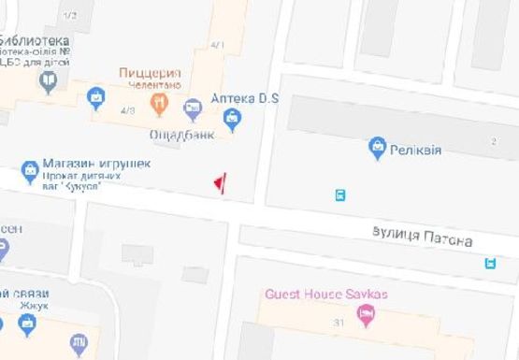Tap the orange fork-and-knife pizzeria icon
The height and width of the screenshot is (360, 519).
point(159,102)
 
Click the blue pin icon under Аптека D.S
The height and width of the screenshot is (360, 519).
point(233,118)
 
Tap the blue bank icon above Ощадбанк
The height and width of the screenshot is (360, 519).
point(193,110)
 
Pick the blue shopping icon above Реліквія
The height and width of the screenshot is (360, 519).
point(377,146)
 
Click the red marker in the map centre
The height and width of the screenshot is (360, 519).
point(220,184)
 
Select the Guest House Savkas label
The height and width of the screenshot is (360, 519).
point(325,294)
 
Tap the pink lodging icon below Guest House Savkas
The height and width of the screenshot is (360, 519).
point(366,315)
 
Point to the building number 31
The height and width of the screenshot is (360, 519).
point(338,323)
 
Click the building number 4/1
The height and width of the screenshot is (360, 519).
point(218,44)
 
